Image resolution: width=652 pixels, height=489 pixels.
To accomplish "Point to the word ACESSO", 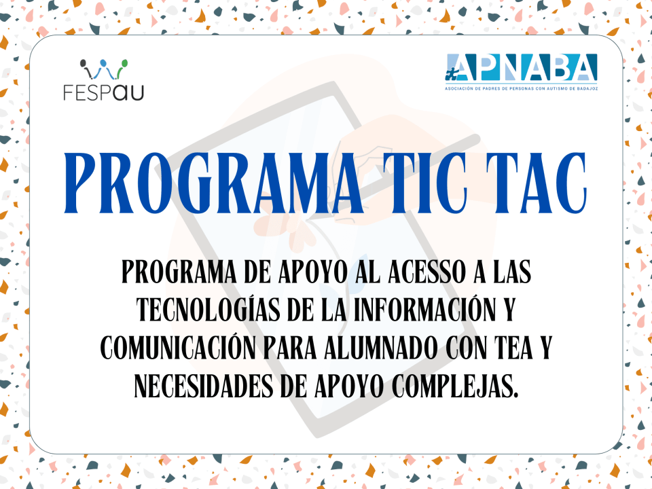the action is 427,272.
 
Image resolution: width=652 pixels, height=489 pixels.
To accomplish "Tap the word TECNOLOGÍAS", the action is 209,310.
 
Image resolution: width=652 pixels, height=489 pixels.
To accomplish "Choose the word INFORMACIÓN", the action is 424,310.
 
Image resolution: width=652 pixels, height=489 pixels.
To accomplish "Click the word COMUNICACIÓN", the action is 178,348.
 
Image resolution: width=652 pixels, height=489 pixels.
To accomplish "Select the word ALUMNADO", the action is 380,348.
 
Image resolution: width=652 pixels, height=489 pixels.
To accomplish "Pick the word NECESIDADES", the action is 204,386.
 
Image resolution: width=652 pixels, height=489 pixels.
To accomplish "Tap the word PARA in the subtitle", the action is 290,348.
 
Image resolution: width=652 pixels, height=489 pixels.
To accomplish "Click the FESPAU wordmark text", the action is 103,92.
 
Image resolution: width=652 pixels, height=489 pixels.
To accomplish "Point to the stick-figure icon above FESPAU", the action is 104,69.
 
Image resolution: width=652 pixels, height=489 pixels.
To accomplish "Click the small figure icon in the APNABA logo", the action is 450,73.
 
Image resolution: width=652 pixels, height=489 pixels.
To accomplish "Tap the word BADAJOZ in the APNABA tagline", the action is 587,88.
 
